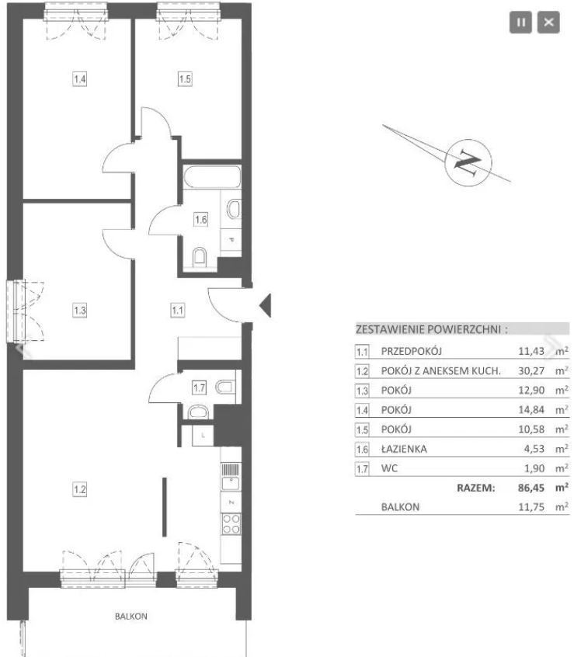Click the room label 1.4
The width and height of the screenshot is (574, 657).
79,78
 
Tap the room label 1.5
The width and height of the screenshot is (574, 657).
185,78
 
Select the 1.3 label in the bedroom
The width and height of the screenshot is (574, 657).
79,311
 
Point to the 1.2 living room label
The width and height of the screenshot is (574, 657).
79,489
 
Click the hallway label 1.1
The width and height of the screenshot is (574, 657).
178,311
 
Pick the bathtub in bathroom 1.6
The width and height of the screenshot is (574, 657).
212,177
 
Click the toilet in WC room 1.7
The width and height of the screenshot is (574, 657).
225,386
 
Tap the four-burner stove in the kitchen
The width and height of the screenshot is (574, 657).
231,524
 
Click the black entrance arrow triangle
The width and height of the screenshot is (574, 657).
266,305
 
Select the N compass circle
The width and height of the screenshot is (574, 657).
468,162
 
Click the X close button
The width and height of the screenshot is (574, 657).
548,23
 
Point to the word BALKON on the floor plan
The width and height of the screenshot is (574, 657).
131,617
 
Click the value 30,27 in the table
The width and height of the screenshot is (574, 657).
531,370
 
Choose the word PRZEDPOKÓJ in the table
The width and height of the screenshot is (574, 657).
412,351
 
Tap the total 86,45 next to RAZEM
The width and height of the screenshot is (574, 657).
531,488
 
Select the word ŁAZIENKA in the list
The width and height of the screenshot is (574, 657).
404,449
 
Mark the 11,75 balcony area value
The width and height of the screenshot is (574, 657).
531,507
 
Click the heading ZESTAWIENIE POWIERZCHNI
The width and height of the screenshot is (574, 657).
432,329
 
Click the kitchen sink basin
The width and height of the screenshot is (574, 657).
231,483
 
